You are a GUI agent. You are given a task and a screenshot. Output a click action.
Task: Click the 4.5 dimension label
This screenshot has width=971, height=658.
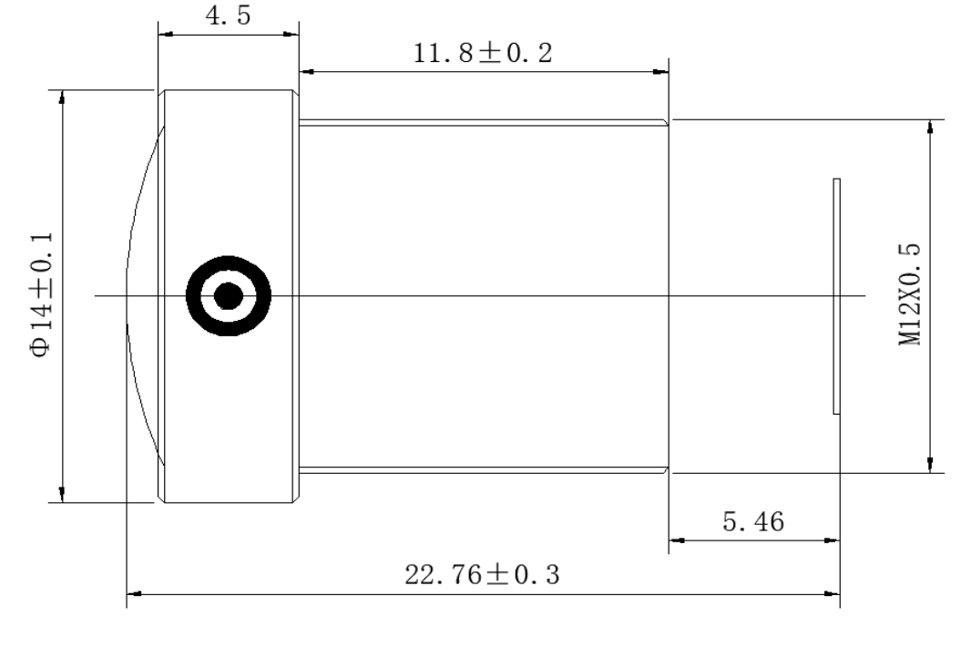(x=229, y=15)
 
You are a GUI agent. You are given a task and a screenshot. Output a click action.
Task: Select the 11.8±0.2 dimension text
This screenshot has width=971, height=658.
(x=483, y=53)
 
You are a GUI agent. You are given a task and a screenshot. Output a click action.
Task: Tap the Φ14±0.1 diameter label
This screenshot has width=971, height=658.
(x=41, y=295)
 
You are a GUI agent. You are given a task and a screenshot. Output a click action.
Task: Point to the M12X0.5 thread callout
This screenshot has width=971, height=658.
(x=910, y=294)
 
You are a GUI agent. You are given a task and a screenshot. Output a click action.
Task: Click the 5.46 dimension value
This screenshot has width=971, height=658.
(x=753, y=521)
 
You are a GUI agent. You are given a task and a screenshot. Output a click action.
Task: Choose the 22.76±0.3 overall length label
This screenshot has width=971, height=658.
(x=482, y=574)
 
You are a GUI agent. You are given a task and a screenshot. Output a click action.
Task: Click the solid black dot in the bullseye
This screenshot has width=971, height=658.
(x=229, y=295)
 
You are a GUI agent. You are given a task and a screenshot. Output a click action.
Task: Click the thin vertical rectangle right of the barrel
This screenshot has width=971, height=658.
(x=836, y=296)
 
